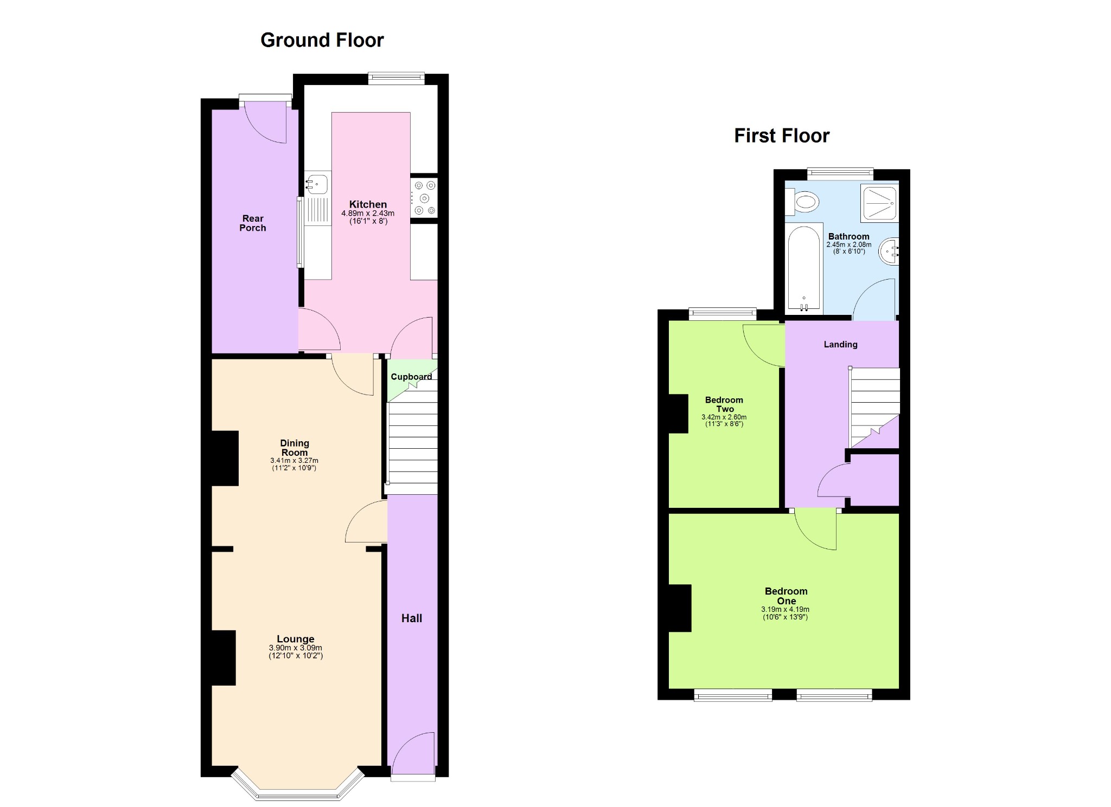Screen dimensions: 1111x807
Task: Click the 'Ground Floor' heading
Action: point(322,40)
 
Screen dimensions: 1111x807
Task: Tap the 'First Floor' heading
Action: point(782,135)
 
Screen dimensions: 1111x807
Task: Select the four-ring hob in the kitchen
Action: point(424,198)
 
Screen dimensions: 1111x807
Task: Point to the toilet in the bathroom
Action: point(802,203)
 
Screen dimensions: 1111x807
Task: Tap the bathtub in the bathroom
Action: point(804,268)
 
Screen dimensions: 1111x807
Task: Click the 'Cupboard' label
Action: point(411,377)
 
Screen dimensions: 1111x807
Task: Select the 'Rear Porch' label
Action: point(253,223)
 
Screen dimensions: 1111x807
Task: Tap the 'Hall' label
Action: point(412,618)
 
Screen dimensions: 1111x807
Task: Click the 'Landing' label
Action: point(840,345)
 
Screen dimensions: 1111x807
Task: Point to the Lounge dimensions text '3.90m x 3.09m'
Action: point(296,648)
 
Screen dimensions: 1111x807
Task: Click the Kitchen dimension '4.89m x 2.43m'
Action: point(368,214)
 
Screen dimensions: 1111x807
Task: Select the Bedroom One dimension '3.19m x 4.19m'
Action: point(786,610)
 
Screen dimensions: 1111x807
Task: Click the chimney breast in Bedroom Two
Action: point(678,414)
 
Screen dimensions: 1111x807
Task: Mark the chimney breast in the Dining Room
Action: point(225,458)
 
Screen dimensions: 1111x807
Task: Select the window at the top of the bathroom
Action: point(840,174)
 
